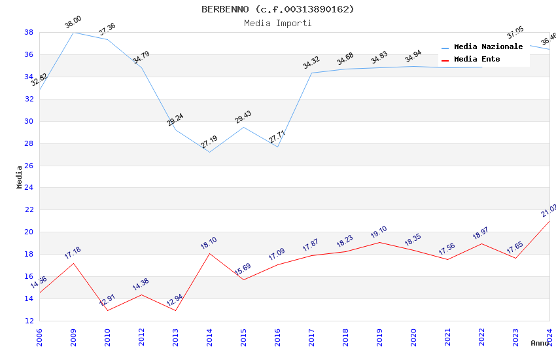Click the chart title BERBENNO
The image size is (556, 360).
coord(277,9)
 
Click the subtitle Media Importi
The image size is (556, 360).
coord(277,23)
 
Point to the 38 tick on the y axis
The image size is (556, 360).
coord(29,32)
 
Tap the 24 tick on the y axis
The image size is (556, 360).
coord(29,188)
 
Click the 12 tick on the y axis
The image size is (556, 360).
coord(29,321)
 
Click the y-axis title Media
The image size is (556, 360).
coord(20,177)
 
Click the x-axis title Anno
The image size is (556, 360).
coord(540,343)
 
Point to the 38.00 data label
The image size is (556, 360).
coord(73,24)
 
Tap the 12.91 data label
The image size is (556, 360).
coord(107,301)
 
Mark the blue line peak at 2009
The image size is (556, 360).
coord(73,32)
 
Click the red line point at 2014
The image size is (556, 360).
coord(209,253)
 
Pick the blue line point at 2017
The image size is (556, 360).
coord(311,73)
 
